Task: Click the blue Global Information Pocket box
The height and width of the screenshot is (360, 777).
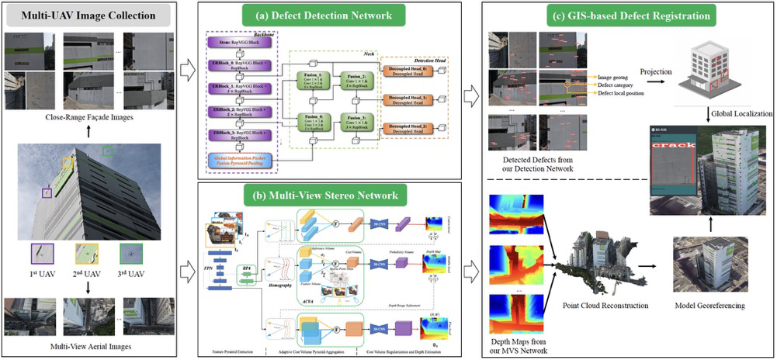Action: click(240, 160)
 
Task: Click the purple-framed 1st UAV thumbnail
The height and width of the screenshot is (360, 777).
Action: click(42, 254)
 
